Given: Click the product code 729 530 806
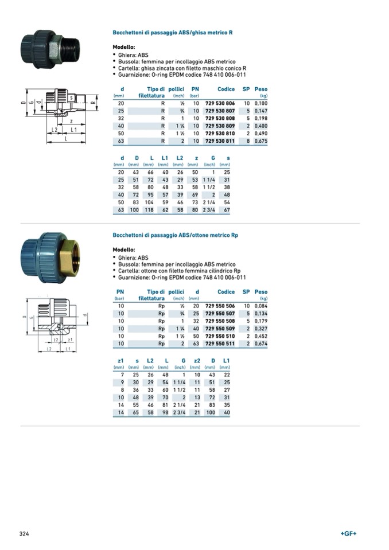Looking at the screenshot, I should [x=220, y=103].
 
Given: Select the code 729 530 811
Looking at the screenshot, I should [x=220, y=140].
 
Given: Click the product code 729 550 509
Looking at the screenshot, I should [x=220, y=329].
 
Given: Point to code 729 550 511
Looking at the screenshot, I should [x=220, y=344].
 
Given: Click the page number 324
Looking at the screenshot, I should [x=24, y=533].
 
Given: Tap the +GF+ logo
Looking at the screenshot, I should [x=348, y=533].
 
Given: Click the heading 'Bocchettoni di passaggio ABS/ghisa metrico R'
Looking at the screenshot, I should [x=172, y=33].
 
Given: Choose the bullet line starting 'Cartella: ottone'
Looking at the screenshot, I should [x=179, y=270].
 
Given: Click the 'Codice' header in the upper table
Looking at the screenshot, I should [x=226, y=89].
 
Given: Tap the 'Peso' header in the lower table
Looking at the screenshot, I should [x=261, y=292].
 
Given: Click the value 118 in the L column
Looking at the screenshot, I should [x=151, y=210].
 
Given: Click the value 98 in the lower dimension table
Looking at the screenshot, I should [x=166, y=412].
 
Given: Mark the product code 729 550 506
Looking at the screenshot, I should [x=220, y=306].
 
